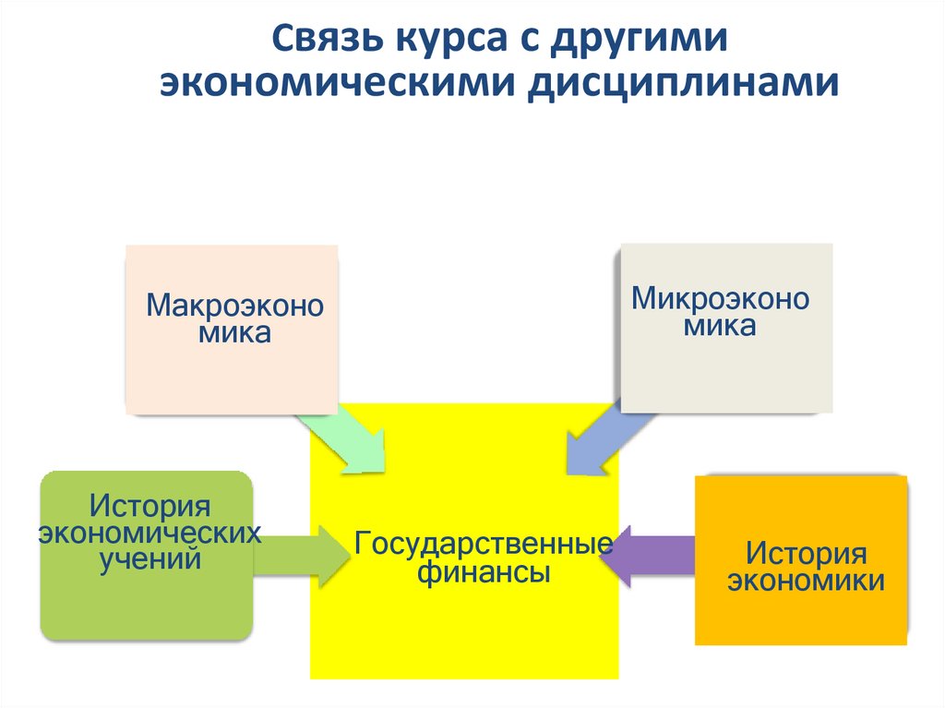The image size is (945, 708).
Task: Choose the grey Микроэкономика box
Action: tap(725, 327)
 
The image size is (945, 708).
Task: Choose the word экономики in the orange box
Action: tap(807, 581)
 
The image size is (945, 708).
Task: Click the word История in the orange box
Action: tap(807, 554)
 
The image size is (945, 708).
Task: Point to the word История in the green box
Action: tap(150, 506)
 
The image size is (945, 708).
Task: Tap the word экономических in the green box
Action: tap(149, 533)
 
